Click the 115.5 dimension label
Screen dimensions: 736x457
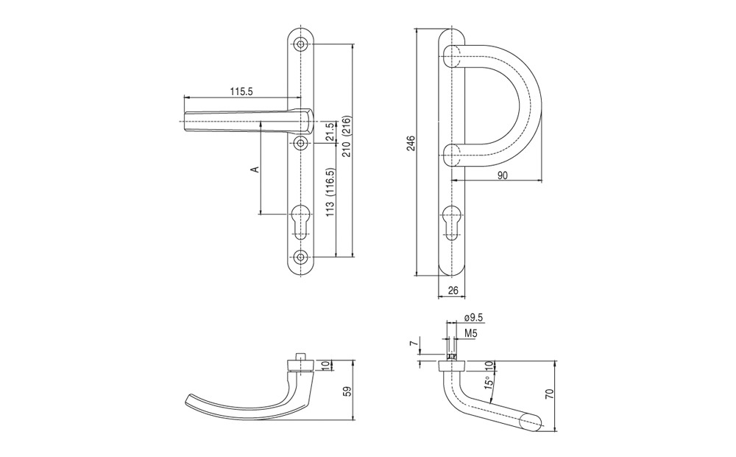coord(241,91)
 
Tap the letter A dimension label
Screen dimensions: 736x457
coord(255,169)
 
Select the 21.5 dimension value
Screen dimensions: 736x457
coord(330,132)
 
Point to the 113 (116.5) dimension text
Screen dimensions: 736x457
coord(330,192)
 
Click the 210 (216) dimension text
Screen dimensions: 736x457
coord(348,136)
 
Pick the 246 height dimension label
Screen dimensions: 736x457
coord(411,144)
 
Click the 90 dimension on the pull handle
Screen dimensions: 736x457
coord(502,175)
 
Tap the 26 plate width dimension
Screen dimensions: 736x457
coord(453,290)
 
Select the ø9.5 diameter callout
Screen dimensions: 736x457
coord(473,318)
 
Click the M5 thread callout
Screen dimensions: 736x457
coord(471,333)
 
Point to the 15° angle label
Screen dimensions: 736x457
coord(489,383)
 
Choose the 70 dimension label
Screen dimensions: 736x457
coord(551,394)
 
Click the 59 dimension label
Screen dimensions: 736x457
coord(348,391)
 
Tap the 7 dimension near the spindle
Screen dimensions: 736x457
coord(413,343)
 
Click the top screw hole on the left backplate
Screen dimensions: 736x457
coord(300,45)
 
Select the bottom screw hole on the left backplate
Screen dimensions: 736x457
coord(300,257)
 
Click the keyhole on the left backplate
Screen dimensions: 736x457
coord(300,221)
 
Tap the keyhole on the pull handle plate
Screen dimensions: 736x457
coord(452,221)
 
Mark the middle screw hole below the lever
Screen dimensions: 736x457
coord(300,142)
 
